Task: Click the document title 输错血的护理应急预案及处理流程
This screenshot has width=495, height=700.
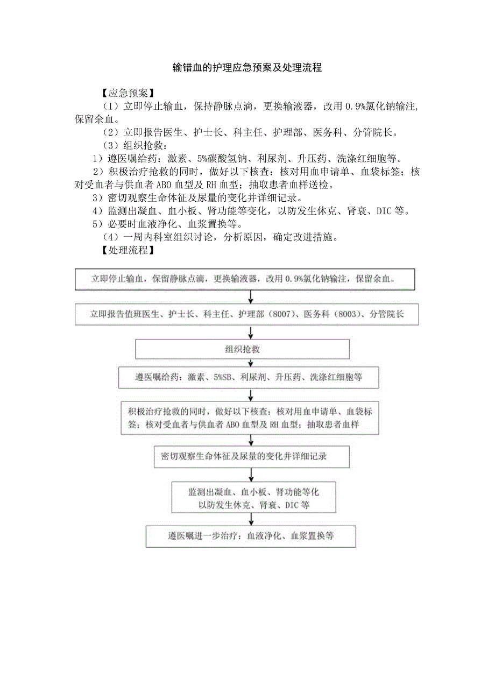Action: [247, 68]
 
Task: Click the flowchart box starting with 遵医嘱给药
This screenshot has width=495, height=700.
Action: [249, 377]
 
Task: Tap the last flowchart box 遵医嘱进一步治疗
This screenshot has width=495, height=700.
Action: [251, 536]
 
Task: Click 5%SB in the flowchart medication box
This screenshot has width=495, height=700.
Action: [222, 377]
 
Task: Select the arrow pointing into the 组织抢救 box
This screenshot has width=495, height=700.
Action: [251, 333]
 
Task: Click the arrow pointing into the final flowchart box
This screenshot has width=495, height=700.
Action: [251, 519]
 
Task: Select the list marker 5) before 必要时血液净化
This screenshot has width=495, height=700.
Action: [97, 224]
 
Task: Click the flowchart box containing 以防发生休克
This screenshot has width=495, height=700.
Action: [253, 498]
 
